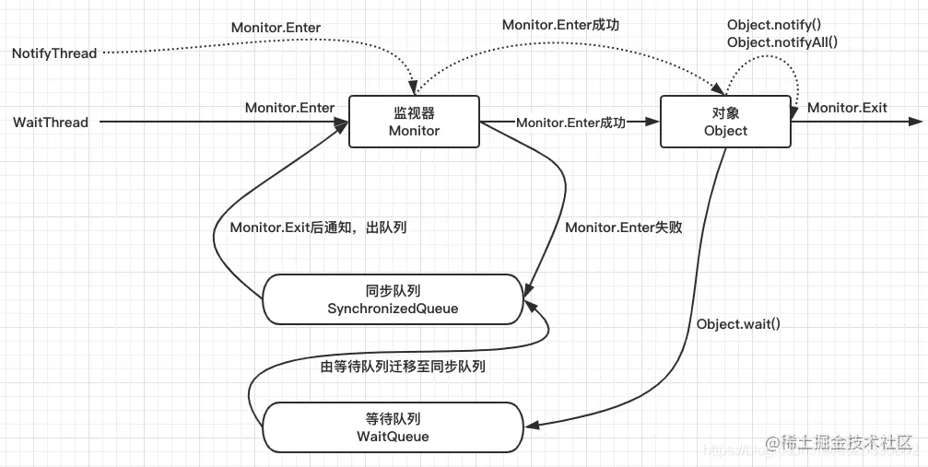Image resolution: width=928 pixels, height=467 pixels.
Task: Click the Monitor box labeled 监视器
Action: [414, 122]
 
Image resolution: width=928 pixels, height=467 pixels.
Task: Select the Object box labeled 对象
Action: [725, 122]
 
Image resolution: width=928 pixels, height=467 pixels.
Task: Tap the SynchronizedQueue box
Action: [394, 299]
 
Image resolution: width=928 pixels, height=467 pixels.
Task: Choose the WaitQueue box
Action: [394, 426]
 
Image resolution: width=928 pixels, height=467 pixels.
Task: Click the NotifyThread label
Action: [54, 53]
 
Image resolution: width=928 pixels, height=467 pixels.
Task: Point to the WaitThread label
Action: [51, 122]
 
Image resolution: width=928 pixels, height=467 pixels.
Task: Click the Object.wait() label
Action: [738, 323]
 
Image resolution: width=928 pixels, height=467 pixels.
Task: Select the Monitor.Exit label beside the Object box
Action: [847, 108]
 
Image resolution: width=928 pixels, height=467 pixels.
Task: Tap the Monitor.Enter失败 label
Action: [624, 227]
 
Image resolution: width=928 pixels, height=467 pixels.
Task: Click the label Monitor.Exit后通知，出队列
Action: [318, 227]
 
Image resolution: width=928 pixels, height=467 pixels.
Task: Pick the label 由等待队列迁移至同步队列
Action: [403, 366]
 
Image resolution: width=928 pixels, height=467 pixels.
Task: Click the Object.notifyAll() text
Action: [782, 41]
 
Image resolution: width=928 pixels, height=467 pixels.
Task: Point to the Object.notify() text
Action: [773, 24]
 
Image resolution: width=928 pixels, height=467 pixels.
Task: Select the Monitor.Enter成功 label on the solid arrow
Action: [571, 122]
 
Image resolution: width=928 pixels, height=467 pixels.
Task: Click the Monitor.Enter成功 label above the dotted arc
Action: [560, 25]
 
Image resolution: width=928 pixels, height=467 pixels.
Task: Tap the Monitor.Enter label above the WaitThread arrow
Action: [289, 108]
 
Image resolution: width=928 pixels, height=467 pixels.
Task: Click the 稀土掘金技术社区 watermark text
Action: [842, 444]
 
